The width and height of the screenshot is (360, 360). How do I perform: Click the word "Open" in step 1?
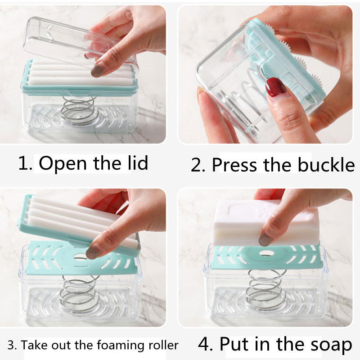pyautogui.click(x=63, y=163)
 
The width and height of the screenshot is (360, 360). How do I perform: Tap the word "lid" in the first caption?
pyautogui.click(x=138, y=162)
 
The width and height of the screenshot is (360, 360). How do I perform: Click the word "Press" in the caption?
pyautogui.click(x=234, y=164)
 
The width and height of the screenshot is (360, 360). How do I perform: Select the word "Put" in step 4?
pyautogui.click(x=234, y=344)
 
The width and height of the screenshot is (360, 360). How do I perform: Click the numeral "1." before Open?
pyautogui.click(x=25, y=163)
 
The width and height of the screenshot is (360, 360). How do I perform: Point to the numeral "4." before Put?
pyautogui.click(x=206, y=344)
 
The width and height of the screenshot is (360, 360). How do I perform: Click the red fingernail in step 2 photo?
pyautogui.click(x=275, y=87)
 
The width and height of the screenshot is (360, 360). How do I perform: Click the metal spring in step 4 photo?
pyautogui.click(x=266, y=290)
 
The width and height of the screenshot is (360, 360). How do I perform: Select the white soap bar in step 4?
pyautogui.click(x=266, y=222)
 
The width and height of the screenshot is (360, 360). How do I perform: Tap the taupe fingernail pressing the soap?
pyautogui.click(x=265, y=239)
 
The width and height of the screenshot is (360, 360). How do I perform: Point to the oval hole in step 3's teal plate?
pyautogui.click(x=81, y=257)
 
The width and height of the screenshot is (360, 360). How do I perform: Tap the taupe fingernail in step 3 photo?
pyautogui.click(x=94, y=252)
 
